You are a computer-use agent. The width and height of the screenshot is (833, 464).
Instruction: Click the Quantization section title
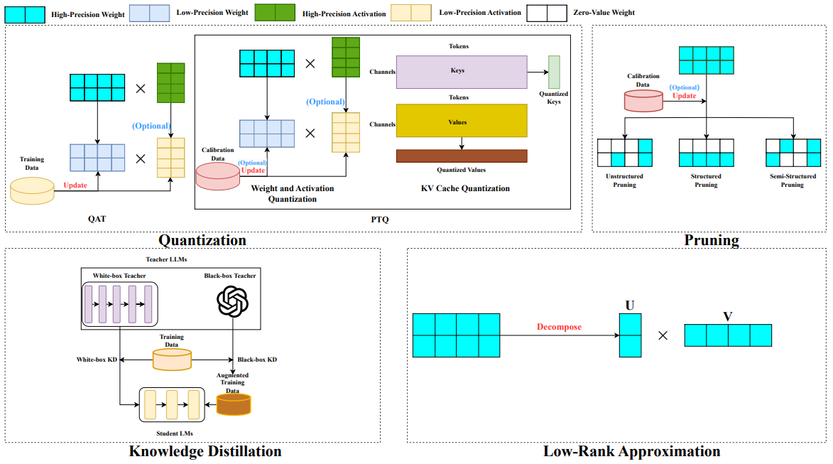point(202,240)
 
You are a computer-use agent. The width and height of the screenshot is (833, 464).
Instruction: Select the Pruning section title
point(712,240)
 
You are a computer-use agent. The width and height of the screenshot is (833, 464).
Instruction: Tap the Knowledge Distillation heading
point(205,451)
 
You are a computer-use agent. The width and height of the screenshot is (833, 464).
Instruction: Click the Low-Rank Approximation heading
point(632,451)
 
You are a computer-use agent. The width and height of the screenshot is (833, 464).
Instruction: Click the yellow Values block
point(462,121)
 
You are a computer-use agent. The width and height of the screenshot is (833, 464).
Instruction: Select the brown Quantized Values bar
point(462,156)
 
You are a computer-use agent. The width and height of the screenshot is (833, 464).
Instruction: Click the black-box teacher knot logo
point(234,303)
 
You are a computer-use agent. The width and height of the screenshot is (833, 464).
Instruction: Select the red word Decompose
point(559,328)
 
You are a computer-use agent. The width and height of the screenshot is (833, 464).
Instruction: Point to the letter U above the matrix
point(630,306)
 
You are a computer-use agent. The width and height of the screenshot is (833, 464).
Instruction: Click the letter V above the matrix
point(727,316)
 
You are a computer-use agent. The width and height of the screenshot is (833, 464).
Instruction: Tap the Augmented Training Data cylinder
point(234,404)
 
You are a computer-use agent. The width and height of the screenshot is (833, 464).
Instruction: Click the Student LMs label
point(174,433)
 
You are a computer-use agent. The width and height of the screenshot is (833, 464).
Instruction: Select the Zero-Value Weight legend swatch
point(546,12)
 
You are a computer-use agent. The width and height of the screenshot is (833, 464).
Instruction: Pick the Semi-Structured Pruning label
point(793,180)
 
